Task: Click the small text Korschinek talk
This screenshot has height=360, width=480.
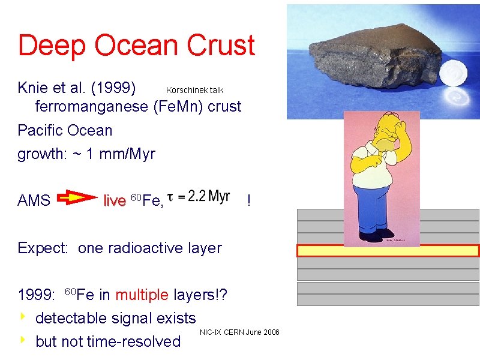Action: pyautogui.click(x=194, y=90)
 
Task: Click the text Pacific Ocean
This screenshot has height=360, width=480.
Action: pyautogui.click(x=65, y=130)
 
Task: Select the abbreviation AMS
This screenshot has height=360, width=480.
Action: pyautogui.click(x=34, y=200)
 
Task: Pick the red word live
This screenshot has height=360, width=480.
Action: pyautogui.click(x=114, y=200)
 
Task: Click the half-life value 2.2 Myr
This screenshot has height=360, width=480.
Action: pyautogui.click(x=208, y=196)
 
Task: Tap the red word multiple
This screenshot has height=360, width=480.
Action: pyautogui.click(x=142, y=295)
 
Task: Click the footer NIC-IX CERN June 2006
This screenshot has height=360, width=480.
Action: pyautogui.click(x=239, y=332)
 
